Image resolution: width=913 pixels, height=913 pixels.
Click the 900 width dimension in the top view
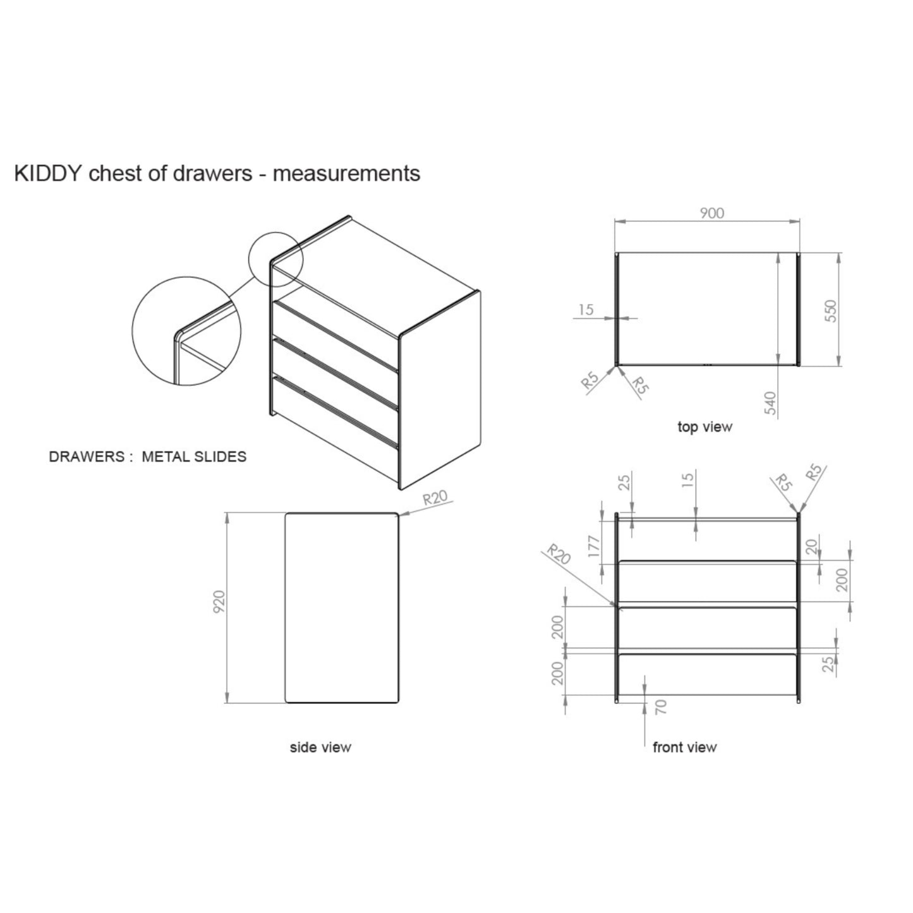(x=711, y=214)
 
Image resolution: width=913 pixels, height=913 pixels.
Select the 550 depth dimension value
(x=831, y=311)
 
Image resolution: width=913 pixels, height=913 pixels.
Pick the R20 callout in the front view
(x=559, y=554)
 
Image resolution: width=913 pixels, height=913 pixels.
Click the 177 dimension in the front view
(x=593, y=546)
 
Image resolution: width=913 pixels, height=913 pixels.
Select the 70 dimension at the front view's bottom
(x=661, y=706)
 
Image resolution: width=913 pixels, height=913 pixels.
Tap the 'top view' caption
(x=704, y=427)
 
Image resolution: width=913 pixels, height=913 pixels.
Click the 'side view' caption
(x=320, y=747)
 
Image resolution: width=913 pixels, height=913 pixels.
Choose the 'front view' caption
(x=684, y=747)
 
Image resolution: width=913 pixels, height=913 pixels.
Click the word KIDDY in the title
(x=48, y=173)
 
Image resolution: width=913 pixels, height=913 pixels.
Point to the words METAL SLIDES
(x=194, y=457)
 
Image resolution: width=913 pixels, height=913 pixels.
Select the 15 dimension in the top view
(x=586, y=310)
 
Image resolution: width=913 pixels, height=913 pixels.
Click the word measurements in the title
(x=346, y=173)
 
